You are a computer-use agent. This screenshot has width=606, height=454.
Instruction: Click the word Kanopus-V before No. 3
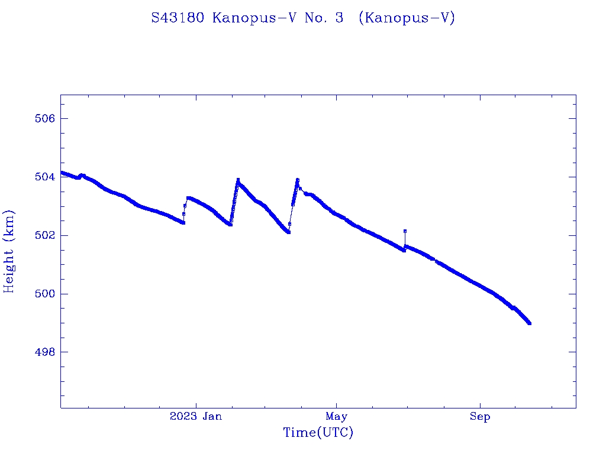click(255, 18)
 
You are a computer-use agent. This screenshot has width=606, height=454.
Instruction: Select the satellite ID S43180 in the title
click(179, 18)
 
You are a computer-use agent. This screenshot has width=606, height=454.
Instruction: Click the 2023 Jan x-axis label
click(196, 417)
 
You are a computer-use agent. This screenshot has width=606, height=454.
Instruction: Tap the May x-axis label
click(336, 417)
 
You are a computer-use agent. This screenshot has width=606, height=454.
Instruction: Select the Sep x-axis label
click(480, 417)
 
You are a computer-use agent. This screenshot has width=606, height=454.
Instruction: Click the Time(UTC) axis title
click(318, 433)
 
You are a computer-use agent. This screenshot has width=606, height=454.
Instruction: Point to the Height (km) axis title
click(9, 251)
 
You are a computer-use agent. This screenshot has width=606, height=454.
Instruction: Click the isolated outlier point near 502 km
click(405, 231)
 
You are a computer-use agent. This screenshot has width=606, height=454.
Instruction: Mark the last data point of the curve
click(529, 323)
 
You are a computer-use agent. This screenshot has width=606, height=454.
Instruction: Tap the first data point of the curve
click(62, 172)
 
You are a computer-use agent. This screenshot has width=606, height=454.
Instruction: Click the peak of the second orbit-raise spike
click(238, 180)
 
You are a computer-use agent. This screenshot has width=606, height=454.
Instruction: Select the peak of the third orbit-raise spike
click(297, 180)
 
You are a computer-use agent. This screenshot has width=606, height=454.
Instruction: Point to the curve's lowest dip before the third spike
click(288, 232)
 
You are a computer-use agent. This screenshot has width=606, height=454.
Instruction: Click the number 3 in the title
click(339, 18)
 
